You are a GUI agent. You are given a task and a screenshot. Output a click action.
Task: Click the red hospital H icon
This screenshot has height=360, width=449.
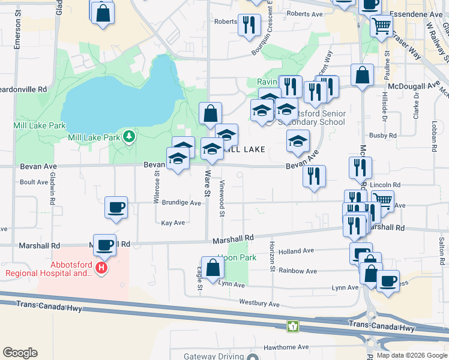point(101,268)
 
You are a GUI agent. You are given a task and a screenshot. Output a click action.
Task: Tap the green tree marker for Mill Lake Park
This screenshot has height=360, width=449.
point(128,137)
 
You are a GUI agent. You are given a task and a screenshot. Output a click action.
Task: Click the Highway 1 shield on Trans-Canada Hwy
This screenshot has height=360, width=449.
point(292,326)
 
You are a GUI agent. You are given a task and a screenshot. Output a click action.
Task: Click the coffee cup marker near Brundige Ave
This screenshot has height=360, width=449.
point(116,208)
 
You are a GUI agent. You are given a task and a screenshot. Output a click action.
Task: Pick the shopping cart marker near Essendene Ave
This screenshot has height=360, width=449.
point(381,26)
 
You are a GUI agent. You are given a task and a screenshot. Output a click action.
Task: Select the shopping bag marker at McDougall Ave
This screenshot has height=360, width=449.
point(362,76)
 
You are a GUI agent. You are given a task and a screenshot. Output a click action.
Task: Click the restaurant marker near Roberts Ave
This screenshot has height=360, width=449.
point(249,25)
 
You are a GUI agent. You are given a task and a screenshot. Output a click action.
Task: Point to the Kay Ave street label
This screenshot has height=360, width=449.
point(173,223)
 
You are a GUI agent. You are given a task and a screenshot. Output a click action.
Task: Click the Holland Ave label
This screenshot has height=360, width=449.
point(296,251)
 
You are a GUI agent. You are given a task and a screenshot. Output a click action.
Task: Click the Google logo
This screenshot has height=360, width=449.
point(20,353)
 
